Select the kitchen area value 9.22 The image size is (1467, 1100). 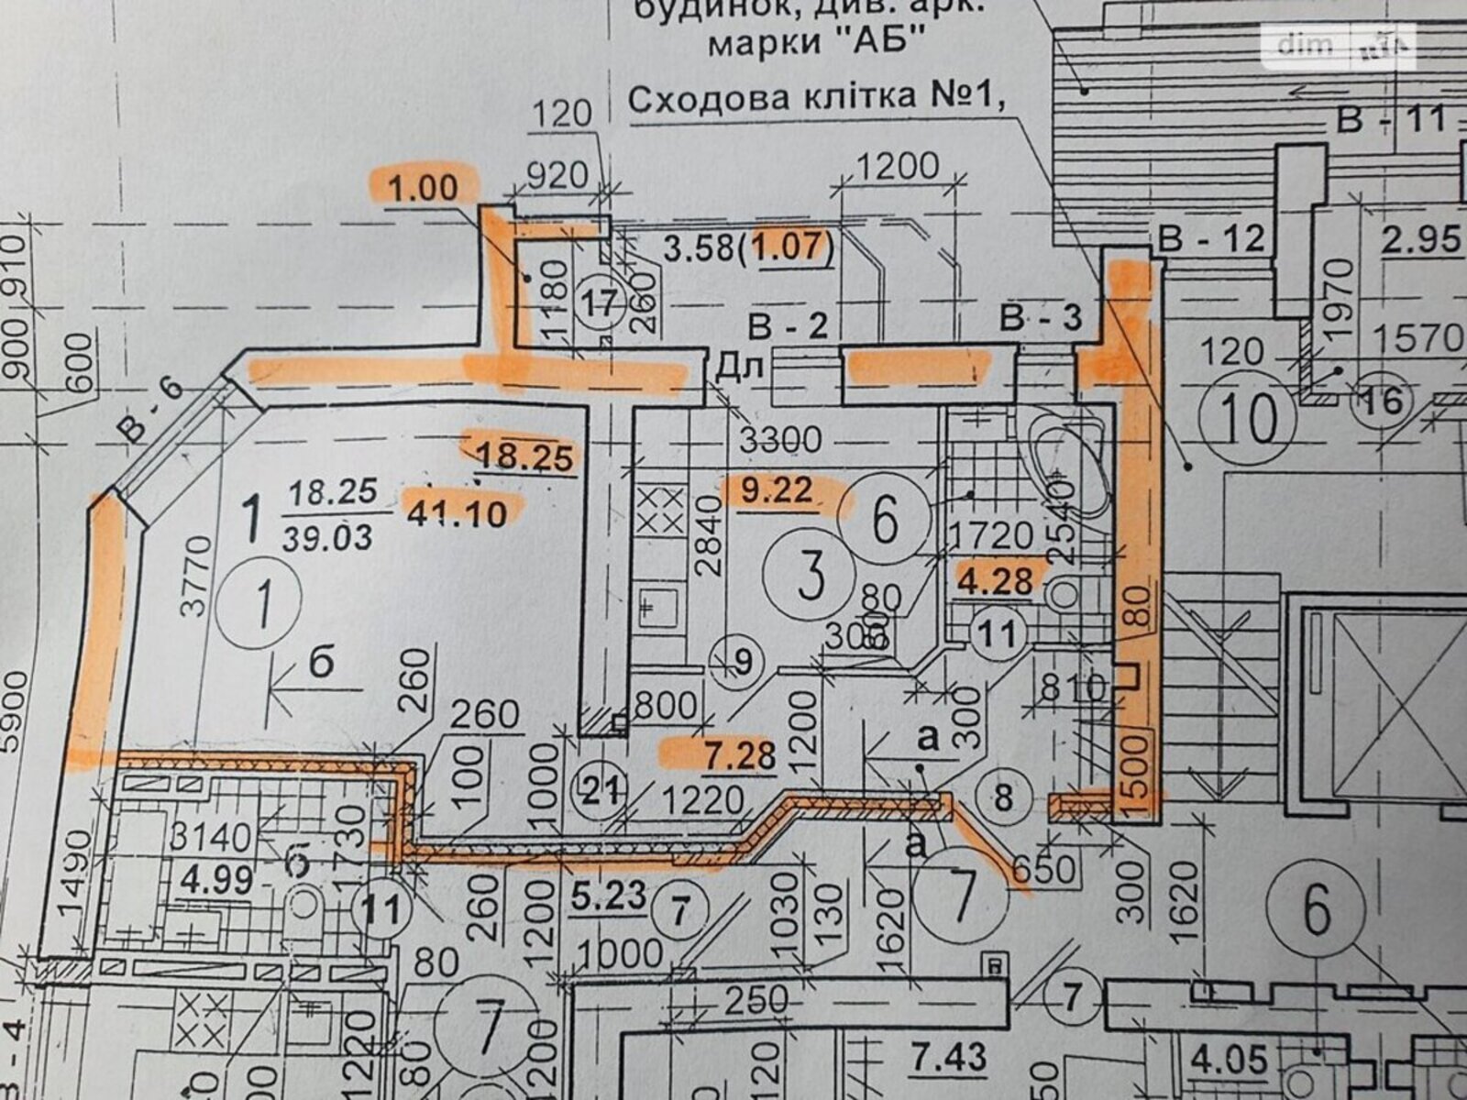pos(778,492)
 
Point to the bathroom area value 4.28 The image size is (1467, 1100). pos(999,581)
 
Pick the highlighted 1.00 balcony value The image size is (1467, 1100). pos(423,188)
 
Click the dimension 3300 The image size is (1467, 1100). pos(780,440)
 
